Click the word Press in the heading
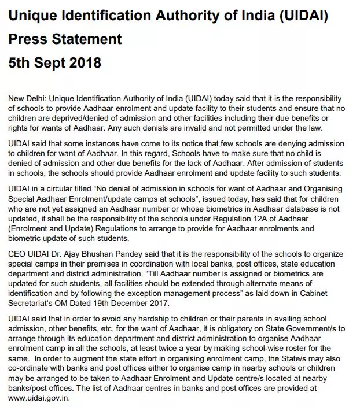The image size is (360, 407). [x=30, y=39]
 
